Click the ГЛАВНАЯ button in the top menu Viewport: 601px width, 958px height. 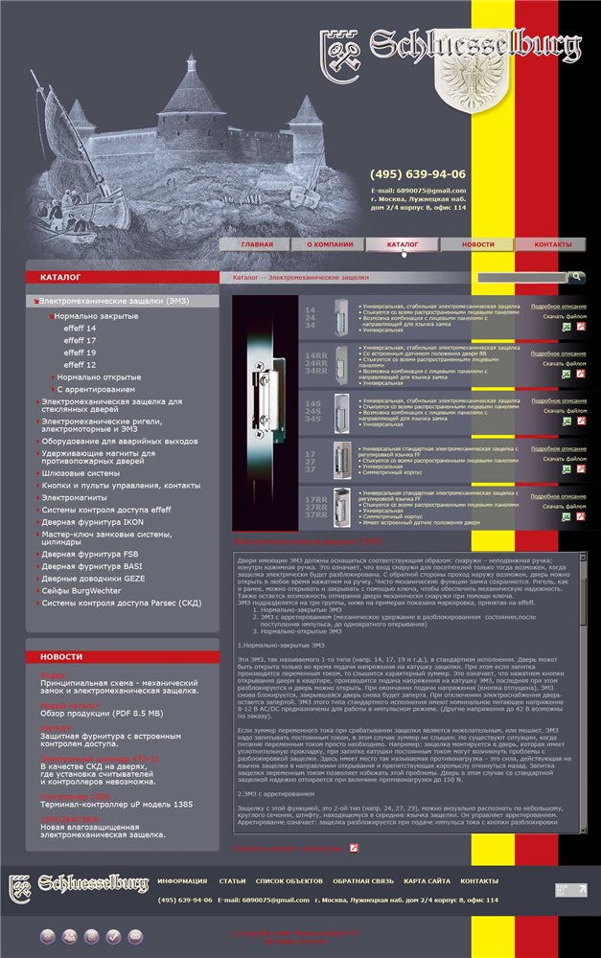pos(256,244)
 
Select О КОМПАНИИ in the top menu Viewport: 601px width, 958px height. pos(330,244)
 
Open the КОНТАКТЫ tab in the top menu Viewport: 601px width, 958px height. pos(552,244)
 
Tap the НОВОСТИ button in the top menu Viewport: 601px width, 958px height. pos(477,244)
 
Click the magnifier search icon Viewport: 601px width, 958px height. pos(576,277)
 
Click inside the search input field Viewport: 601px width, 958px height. pos(521,278)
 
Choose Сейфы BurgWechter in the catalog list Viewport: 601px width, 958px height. pos(86,591)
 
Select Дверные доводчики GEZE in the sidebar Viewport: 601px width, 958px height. pos(93,579)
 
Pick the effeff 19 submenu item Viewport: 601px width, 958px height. pos(80,353)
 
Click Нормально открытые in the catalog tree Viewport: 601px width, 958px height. pos(99,377)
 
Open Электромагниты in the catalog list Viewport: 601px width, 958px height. pos(74,498)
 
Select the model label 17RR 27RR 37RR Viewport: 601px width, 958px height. pos(316,508)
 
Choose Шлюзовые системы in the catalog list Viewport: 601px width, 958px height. pos(80,473)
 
